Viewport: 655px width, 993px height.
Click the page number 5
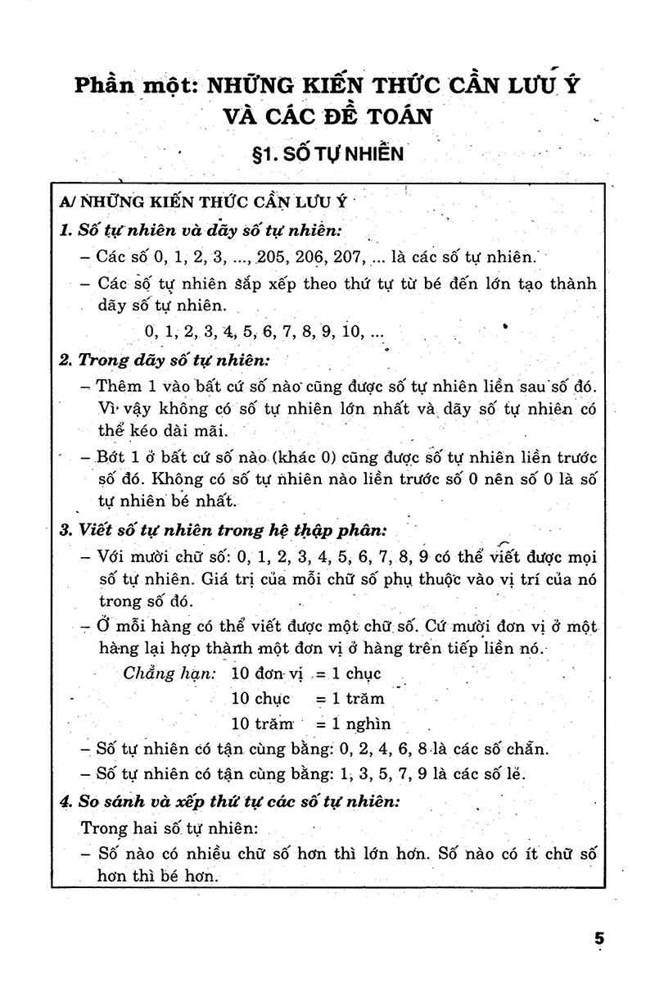(599, 939)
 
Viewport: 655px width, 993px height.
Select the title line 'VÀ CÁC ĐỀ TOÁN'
(327, 117)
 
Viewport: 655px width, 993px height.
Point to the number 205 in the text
(272, 256)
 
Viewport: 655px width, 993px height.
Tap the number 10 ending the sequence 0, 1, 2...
(353, 333)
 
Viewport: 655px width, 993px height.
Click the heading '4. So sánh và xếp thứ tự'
(229, 800)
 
